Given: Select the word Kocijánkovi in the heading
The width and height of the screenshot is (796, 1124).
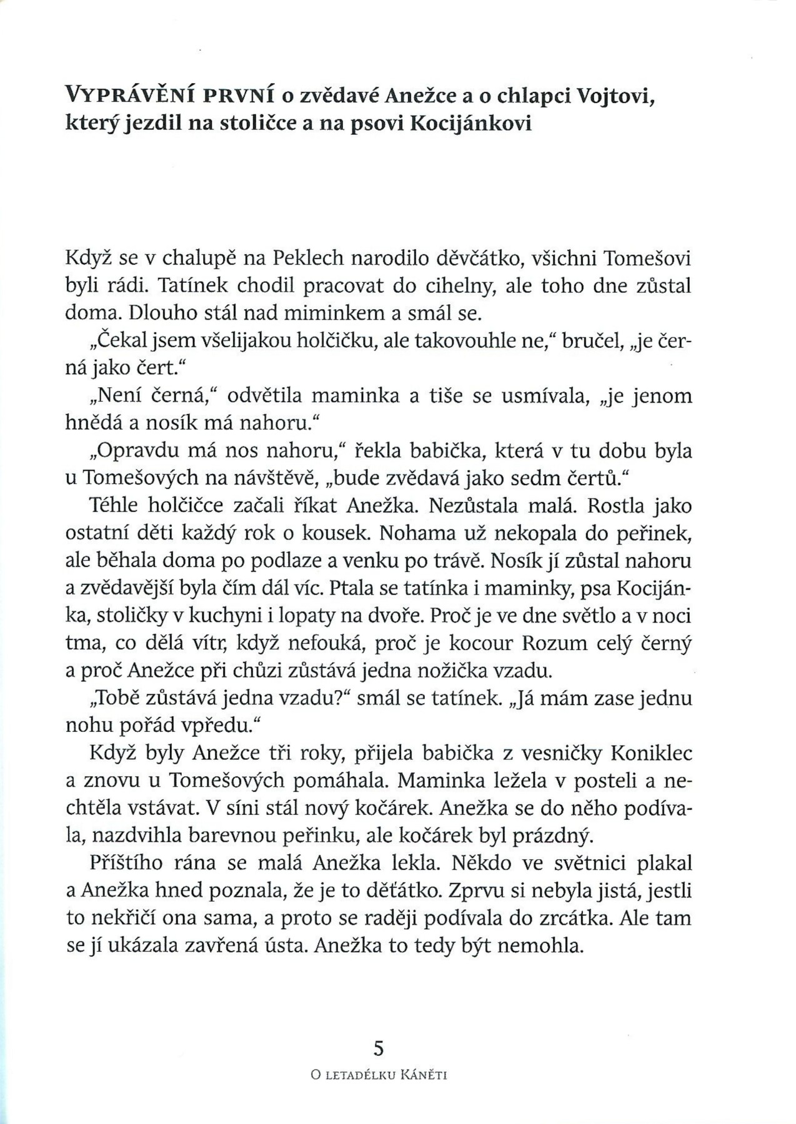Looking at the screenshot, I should pyautogui.click(x=471, y=123).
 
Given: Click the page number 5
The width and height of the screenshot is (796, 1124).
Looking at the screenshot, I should pyautogui.click(x=377, y=1047).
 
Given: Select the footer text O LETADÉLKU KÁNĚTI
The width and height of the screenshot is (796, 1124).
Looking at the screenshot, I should pyautogui.click(x=380, y=1075).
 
